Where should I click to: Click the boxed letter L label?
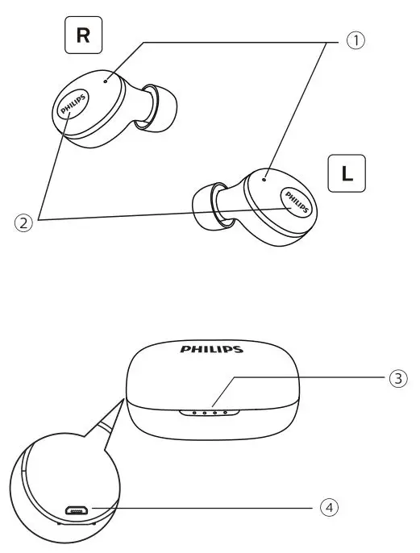[x=347, y=173]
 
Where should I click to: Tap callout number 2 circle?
[x=25, y=223]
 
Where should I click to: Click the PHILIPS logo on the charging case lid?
[x=211, y=351]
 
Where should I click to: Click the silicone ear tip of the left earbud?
[x=204, y=205]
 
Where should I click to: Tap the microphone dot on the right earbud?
[x=107, y=81]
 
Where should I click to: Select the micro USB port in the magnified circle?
[x=77, y=510]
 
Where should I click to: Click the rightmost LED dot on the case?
[x=226, y=412]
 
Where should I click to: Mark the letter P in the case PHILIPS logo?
[x=185, y=351]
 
